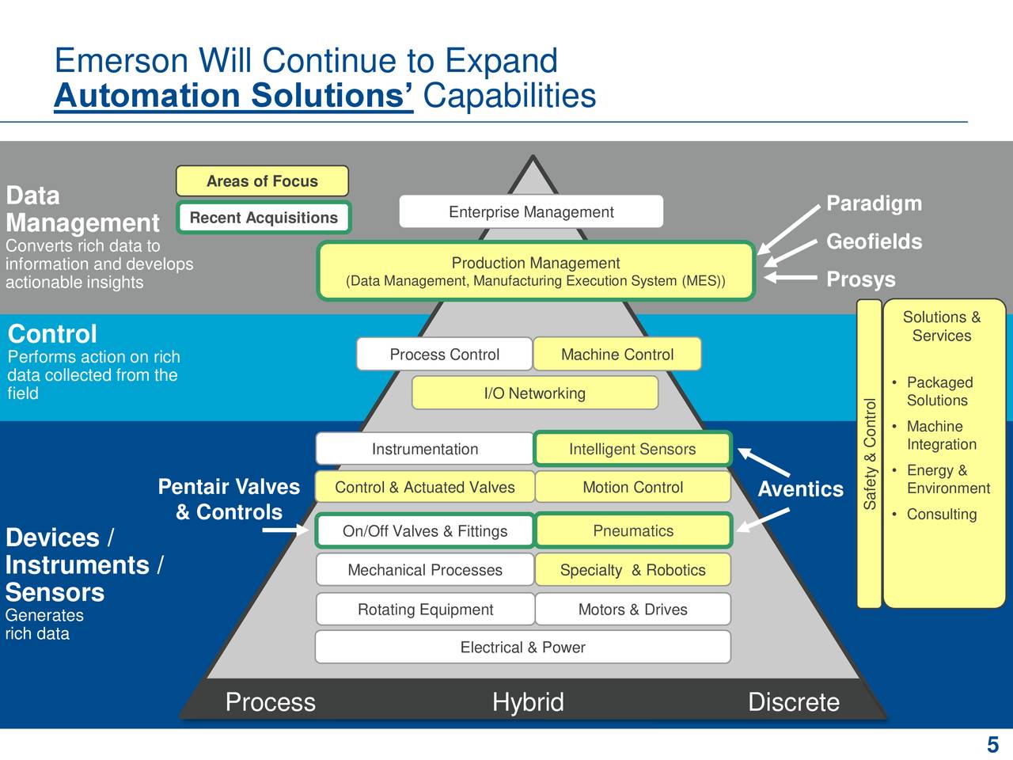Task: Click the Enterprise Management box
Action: [x=531, y=211]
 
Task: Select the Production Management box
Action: [x=536, y=272]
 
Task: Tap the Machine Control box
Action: [x=617, y=354]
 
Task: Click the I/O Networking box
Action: [x=535, y=393]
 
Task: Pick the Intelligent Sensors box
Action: [x=632, y=449]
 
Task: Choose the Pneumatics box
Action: [x=633, y=530]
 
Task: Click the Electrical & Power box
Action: [x=522, y=647]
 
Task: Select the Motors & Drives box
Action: [x=632, y=609]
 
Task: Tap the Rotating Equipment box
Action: [x=425, y=609]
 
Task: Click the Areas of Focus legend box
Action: [x=262, y=180]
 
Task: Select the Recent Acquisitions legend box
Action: [x=264, y=218]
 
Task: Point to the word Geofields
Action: [x=874, y=241]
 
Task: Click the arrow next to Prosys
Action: [x=790, y=278]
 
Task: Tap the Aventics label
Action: [x=800, y=489]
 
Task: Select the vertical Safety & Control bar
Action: [x=870, y=454]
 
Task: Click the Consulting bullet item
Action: [x=941, y=514]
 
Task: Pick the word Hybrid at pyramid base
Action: [x=528, y=701]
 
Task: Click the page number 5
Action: [x=992, y=744]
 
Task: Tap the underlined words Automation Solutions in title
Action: [x=233, y=96]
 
